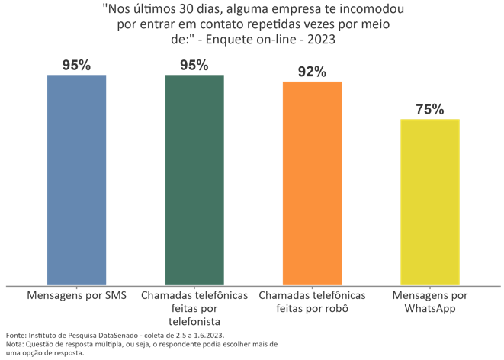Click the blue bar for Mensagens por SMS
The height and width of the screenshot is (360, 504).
[76, 180]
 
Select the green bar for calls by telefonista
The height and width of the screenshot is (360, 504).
[194, 180]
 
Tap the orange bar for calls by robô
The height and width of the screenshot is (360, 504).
[312, 183]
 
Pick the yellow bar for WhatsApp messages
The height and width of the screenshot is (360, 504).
[430, 202]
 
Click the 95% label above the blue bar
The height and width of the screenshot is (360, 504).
[76, 66]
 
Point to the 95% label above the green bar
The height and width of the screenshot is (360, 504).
[194, 66]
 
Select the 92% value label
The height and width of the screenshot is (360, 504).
[312, 72]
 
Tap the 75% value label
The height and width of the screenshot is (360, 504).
[430, 109]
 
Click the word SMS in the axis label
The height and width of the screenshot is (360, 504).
[114, 295]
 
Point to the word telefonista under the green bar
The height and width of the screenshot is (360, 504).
[194, 320]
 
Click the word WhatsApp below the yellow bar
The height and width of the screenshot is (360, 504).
[430, 308]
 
